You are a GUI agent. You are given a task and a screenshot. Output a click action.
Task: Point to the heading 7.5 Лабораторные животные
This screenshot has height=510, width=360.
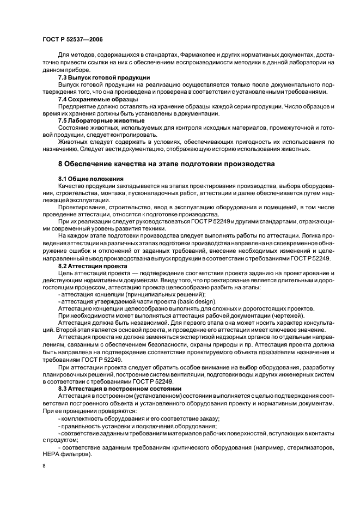(93, 120)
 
